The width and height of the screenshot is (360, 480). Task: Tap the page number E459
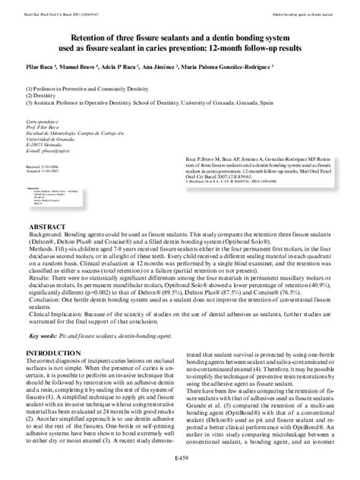point(179,458)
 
